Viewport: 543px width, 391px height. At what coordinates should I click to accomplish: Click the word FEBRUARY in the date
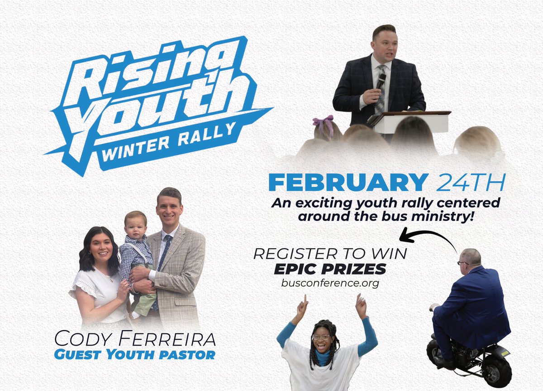(348, 182)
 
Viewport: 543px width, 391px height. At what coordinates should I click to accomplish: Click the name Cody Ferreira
(134, 338)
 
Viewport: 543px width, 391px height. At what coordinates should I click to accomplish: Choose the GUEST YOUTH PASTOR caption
(134, 354)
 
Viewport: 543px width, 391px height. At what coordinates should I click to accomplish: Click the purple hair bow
(323, 123)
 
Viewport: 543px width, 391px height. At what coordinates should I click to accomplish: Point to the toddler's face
(135, 225)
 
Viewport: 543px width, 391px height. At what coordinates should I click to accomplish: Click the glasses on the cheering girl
(322, 337)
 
